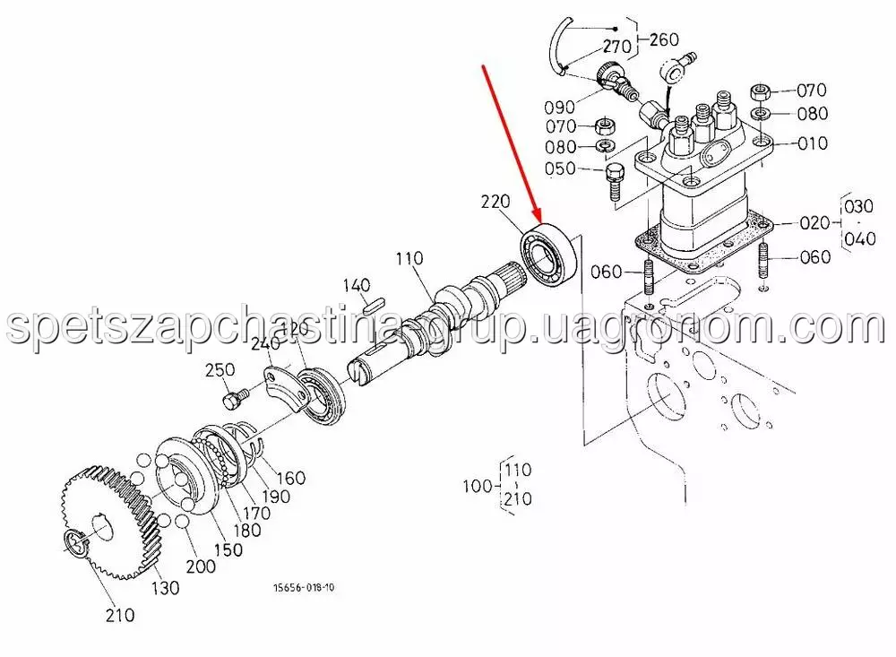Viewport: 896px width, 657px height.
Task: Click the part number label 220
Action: click(x=495, y=202)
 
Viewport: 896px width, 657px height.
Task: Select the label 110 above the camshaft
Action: click(x=409, y=258)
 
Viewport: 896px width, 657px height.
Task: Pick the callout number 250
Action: click(x=220, y=370)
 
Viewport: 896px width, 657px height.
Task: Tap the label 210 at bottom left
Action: click(x=120, y=615)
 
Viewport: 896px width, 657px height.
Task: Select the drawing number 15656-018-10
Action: click(x=304, y=587)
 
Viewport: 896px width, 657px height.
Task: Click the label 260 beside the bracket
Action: click(x=664, y=39)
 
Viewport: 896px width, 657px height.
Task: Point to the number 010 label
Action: click(x=813, y=143)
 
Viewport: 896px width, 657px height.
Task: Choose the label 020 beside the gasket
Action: click(x=814, y=222)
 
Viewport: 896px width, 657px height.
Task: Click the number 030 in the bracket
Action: click(x=859, y=206)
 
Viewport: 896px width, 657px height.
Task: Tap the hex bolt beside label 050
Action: click(x=613, y=179)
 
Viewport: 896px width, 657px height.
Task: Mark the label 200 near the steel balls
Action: click(x=201, y=566)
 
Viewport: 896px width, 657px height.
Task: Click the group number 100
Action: click(x=478, y=486)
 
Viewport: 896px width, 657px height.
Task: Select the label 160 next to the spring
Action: click(x=291, y=478)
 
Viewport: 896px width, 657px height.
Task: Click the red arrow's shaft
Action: click(x=512, y=143)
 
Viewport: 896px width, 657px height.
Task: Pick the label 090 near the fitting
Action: click(x=559, y=107)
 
